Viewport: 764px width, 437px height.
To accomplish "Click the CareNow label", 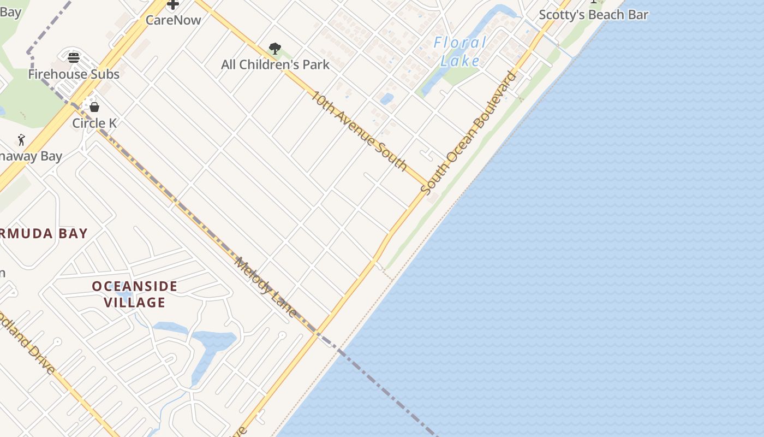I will tap(173, 20).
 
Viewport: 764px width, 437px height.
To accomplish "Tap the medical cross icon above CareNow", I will tap(173, 5).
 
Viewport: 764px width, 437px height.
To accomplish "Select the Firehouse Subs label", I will tap(74, 74).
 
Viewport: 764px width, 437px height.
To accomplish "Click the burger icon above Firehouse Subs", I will tap(74, 57).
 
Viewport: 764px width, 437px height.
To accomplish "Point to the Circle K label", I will tap(94, 123).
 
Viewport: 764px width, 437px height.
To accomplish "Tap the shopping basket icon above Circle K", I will tap(94, 107).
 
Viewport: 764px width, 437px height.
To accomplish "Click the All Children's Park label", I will tap(275, 64).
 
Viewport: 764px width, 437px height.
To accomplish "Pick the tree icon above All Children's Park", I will tap(275, 49).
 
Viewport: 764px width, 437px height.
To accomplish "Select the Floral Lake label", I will tap(459, 51).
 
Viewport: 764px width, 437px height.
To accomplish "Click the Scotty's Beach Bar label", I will tap(593, 15).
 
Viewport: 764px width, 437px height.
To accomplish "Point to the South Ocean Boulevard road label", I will tap(468, 133).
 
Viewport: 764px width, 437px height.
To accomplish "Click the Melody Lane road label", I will tap(266, 287).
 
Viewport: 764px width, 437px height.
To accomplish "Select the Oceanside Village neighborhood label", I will tap(134, 294).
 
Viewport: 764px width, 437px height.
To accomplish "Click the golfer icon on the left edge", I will tap(21, 140).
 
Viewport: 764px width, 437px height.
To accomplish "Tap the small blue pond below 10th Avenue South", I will tap(386, 99).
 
